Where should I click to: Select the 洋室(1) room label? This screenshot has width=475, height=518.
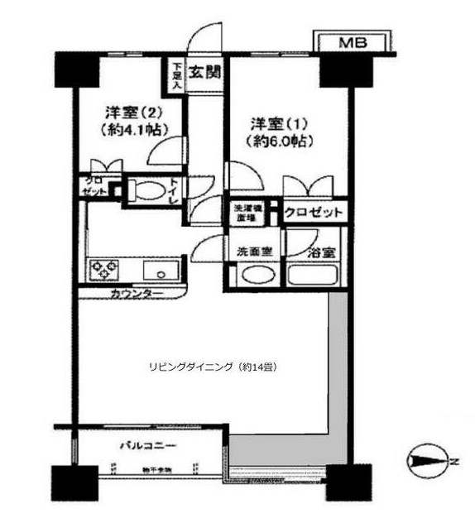pyautogui.click(x=278, y=125)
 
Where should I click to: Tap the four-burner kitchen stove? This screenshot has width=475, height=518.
pyautogui.click(x=103, y=269)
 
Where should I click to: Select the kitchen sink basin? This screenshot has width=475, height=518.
pyautogui.click(x=156, y=270)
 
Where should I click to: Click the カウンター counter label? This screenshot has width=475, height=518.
pyautogui.click(x=134, y=293)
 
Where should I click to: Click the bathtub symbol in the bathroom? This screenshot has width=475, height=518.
pyautogui.click(x=310, y=274)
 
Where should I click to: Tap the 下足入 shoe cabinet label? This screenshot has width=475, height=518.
pyautogui.click(x=176, y=74)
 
